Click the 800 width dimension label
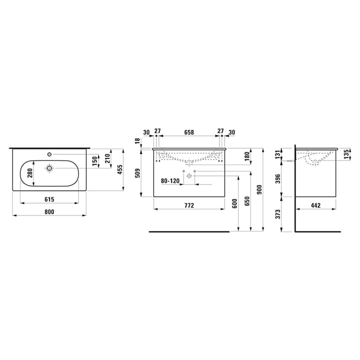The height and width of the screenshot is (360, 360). pyautogui.click(x=49, y=212)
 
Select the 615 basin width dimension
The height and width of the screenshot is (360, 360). pyautogui.click(x=49, y=200)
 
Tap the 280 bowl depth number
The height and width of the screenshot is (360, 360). pyautogui.click(x=30, y=173)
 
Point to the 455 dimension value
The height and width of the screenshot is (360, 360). pyautogui.click(x=120, y=169)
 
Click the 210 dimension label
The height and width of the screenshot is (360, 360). pyautogui.click(x=107, y=158)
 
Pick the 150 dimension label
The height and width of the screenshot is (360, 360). pyautogui.click(x=95, y=162)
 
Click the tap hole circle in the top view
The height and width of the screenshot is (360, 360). pyautogui.click(x=49, y=154)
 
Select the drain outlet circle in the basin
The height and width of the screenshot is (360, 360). pyautogui.click(x=49, y=168)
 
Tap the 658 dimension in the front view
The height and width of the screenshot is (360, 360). pyautogui.click(x=189, y=133)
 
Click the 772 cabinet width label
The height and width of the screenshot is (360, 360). pyautogui.click(x=189, y=205)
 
